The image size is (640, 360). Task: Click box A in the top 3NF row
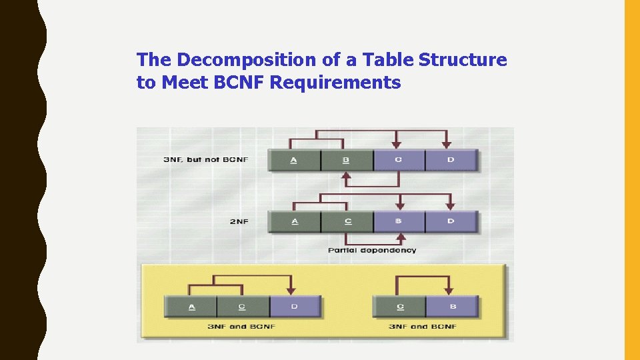pos(294,161)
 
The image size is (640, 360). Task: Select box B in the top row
pos(346,161)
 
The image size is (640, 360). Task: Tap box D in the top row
pos(451,161)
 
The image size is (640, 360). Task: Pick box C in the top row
pos(399,161)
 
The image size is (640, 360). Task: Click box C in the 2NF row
pos(347,221)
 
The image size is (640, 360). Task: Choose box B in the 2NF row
pos(399,221)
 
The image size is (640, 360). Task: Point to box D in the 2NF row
pos(451,221)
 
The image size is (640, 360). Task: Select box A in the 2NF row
pos(294,221)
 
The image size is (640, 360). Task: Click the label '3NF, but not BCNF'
pos(205,160)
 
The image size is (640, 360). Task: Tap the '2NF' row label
pos(239,221)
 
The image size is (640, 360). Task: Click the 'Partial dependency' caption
pos(372,250)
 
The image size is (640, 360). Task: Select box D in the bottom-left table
pos(295,307)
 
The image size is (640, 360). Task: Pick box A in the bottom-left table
pos(191,307)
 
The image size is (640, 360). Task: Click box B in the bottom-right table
pos(452,307)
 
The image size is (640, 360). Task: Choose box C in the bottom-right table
pos(400,307)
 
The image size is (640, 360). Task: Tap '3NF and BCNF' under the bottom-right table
pos(423,327)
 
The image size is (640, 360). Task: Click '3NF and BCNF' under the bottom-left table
pos(242,327)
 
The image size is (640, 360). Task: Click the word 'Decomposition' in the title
pos(247,60)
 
